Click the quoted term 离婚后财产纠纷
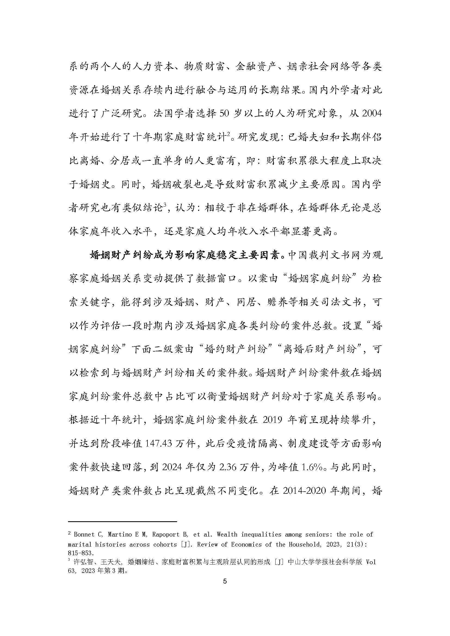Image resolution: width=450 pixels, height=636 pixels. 319,349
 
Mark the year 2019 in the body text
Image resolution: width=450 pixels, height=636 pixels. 272,420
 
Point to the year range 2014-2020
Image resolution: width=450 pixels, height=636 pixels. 304,491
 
